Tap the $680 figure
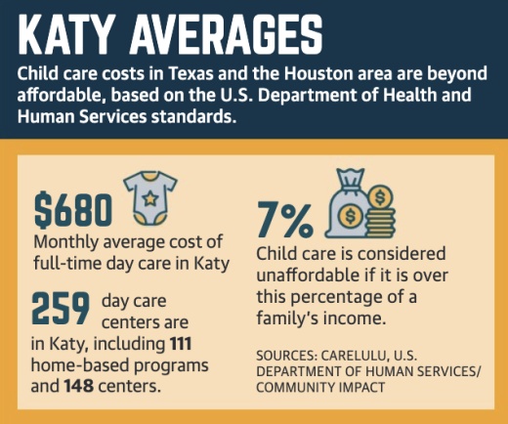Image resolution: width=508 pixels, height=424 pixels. click(x=73, y=208)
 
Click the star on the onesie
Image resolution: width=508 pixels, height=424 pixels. click(x=150, y=200)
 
